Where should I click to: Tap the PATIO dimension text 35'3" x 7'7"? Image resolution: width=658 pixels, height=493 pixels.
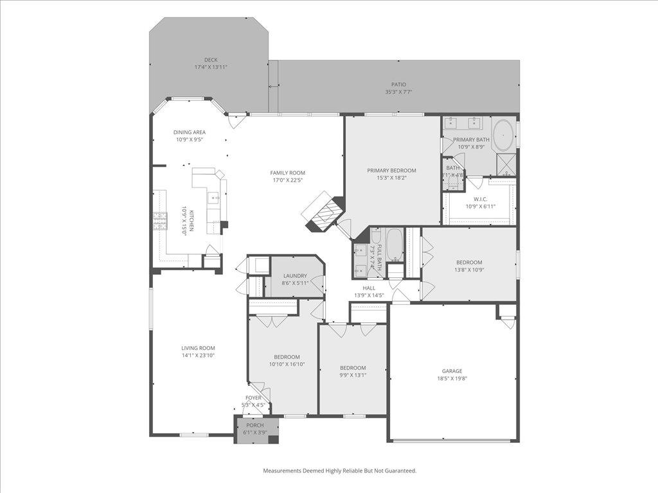398,92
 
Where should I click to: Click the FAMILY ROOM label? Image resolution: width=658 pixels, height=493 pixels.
287,173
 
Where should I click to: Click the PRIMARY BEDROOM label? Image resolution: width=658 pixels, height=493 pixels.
391,170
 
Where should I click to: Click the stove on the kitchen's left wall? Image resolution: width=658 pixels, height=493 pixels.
160,221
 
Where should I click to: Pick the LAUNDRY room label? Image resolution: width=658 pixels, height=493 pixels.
295,275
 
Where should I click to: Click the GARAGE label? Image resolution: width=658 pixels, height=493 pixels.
452,370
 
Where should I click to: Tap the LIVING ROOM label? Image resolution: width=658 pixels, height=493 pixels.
198,348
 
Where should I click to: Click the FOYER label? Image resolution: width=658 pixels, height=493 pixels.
253,398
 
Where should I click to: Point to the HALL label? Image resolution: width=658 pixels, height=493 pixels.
369,288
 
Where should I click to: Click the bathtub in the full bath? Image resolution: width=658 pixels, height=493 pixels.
393,245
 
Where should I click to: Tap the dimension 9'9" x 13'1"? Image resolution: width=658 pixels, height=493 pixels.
353,376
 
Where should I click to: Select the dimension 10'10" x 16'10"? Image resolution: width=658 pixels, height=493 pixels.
287,365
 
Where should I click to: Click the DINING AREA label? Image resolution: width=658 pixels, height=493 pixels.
190,132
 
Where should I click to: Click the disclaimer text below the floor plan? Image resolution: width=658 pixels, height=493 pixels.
339,471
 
